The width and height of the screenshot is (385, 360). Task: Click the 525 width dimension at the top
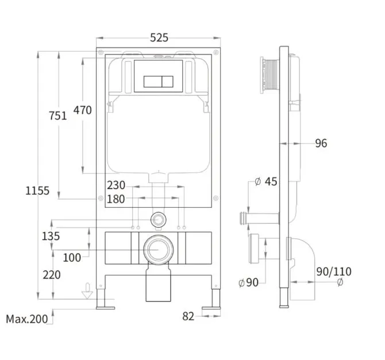tap(159, 37)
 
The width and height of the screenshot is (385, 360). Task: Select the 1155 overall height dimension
tap(37, 191)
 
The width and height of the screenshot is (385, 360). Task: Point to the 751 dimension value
tap(57, 115)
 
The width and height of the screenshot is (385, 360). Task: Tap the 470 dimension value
tap(83, 110)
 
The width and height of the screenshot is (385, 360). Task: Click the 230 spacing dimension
tap(116, 185)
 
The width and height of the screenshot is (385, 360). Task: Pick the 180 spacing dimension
tap(116, 199)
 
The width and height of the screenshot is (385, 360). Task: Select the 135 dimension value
tap(51, 236)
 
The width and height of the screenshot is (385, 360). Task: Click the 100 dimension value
tap(72, 258)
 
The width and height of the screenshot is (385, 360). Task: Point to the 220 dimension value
tap(52, 275)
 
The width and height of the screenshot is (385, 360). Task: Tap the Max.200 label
tap(27, 319)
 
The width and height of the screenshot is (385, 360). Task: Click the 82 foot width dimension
tap(188, 316)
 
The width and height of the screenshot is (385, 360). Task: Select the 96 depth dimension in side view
tap(321, 144)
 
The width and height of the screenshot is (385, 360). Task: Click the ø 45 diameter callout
tap(266, 181)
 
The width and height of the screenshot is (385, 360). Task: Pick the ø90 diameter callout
tap(248, 282)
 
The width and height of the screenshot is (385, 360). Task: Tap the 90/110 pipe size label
tap(334, 272)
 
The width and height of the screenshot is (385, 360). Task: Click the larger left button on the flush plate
tap(152, 82)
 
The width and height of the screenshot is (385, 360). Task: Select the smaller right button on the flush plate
tap(168, 82)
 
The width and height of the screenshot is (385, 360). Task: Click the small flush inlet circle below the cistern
tap(159, 219)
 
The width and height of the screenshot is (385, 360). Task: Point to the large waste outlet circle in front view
tap(158, 250)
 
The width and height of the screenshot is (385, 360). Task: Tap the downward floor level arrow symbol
tap(87, 291)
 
